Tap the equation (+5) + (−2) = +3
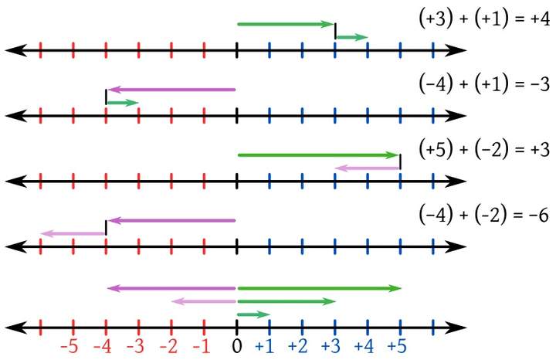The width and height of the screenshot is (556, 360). point(481,148)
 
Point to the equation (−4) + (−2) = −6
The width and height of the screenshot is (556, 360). point(481,212)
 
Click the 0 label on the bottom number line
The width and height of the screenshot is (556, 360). point(237,345)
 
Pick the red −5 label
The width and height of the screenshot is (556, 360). point(70,345)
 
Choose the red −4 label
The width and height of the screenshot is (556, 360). point(103,345)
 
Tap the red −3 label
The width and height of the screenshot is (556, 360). point(137,345)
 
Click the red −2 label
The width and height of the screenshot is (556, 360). point(170,345)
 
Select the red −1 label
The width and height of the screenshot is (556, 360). point(202,345)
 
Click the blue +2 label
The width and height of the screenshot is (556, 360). point(300,345)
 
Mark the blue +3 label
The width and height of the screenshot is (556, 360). point(333,345)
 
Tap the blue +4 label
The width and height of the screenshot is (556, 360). point(366,345)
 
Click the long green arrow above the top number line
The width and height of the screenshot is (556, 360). point(285,25)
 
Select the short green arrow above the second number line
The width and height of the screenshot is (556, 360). point(122,102)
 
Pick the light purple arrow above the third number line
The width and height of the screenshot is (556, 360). point(368,168)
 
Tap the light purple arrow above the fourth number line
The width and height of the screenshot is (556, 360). point(73,233)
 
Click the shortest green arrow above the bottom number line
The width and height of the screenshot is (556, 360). point(253,314)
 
